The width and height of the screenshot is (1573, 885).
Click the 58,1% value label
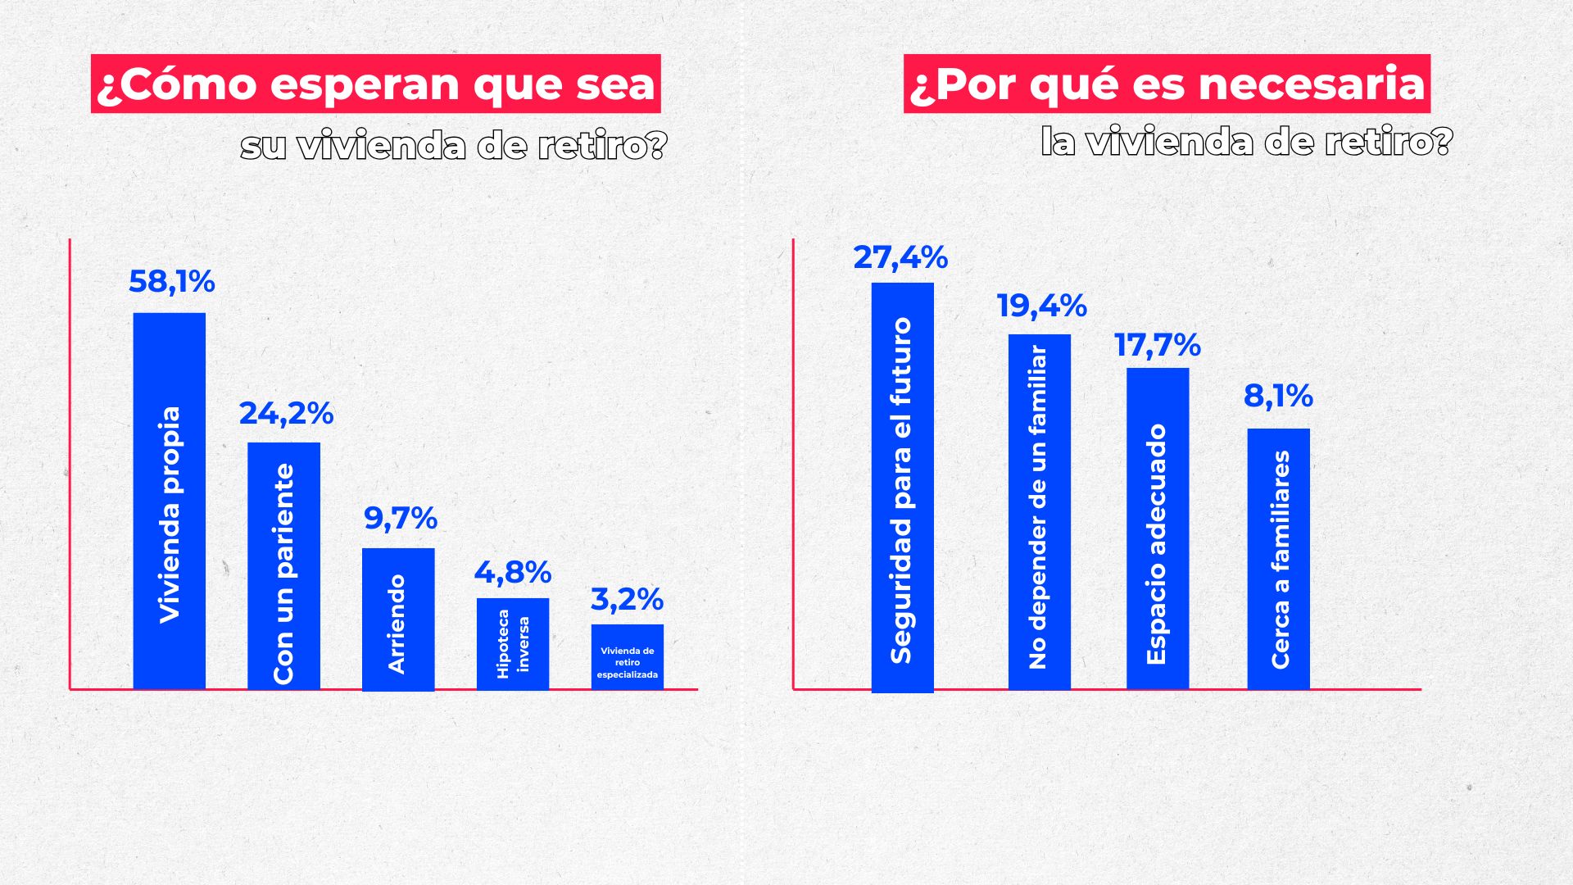pos(171,282)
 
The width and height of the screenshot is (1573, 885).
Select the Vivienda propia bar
pos(170,500)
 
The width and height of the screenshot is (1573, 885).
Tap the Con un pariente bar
pos(283,565)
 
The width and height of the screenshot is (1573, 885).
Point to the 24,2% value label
pos(286,414)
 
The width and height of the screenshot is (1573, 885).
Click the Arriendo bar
pos(398,619)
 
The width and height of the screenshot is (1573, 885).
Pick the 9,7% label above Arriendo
pos(400,519)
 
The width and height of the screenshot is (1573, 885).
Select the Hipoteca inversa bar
pos(513,643)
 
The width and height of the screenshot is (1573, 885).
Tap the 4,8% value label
pos(513,573)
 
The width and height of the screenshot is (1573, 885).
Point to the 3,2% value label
pos(627,600)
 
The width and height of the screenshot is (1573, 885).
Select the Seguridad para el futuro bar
pos(902,488)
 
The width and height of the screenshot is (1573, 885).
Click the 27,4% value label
pos(900,258)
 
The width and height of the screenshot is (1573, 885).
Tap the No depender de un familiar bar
pos(1039,512)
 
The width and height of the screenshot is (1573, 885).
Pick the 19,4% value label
pos(1041,306)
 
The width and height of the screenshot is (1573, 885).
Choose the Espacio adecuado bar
pos(1157,529)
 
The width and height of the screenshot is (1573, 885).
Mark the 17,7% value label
pos(1157,346)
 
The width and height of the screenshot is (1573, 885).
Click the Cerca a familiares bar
pos(1278,559)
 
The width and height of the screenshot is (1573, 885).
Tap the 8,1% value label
pos(1278,397)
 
